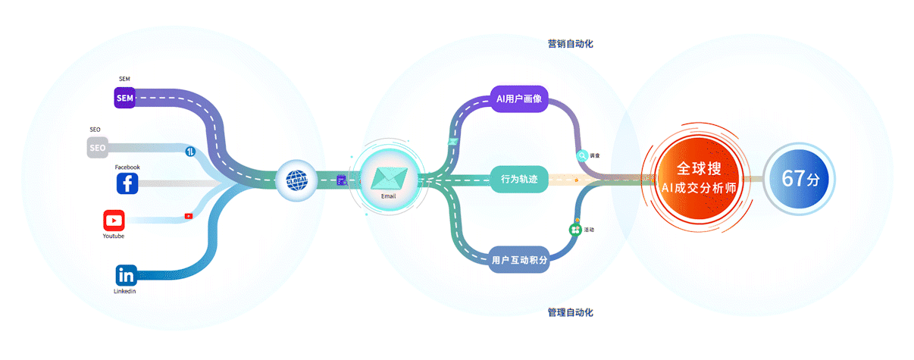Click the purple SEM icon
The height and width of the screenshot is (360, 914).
point(125,98)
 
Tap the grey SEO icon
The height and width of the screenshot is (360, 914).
point(98,148)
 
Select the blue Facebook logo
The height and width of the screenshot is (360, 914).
point(127,183)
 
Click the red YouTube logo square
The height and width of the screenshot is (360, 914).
point(114,221)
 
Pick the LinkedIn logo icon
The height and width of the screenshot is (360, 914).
point(126,276)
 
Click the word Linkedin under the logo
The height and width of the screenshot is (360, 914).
point(125,291)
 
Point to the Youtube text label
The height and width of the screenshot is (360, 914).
point(114,236)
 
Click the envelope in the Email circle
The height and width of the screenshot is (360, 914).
point(389,178)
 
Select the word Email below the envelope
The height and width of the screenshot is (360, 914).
point(389,196)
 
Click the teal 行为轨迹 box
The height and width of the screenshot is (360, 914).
point(518,180)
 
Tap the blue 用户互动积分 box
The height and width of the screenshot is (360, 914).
point(518,260)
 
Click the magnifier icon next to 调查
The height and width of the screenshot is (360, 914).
point(582,155)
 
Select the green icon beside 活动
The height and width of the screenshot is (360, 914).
point(575,229)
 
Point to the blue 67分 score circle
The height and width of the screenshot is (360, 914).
point(800,180)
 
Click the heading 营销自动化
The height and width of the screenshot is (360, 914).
point(570,44)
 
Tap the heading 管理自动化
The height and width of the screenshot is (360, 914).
point(570,312)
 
